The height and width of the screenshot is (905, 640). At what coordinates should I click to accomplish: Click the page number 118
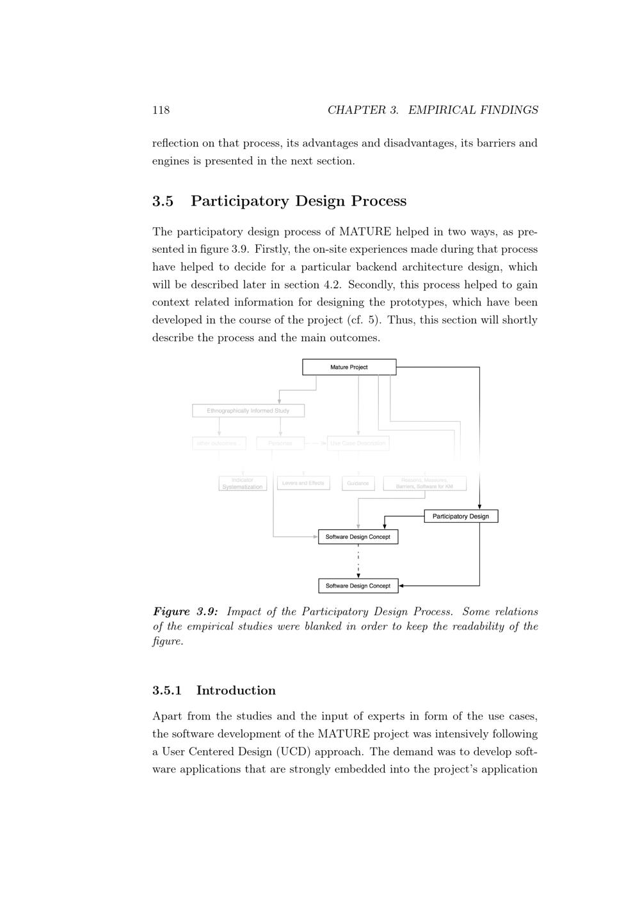tap(161, 110)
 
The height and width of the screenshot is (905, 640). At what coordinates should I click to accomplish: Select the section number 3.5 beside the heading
tap(163, 201)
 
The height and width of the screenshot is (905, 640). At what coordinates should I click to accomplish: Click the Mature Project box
tap(349, 367)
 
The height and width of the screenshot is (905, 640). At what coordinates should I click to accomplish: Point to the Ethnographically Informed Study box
tap(248, 411)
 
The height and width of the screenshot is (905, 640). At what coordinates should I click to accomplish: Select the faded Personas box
tap(280, 443)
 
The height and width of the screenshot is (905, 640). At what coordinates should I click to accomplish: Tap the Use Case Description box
tap(358, 443)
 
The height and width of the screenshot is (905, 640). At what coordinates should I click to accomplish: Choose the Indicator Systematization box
tap(243, 484)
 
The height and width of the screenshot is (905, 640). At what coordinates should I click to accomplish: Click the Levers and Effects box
tap(303, 483)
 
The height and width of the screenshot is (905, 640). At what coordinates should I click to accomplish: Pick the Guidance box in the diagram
tap(358, 484)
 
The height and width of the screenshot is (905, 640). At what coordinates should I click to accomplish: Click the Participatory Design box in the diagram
tap(461, 517)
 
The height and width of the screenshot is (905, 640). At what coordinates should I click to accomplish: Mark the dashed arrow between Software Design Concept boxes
tap(358, 561)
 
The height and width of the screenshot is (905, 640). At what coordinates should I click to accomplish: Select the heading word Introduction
tap(236, 691)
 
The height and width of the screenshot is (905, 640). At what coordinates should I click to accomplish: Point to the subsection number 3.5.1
tap(167, 691)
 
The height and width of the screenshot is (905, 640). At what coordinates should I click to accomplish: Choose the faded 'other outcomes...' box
tap(219, 443)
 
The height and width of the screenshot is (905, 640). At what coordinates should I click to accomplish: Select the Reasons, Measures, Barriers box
tap(424, 484)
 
